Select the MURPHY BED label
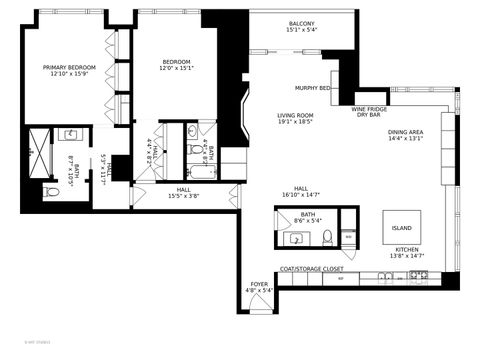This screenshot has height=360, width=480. [x=313, y=88]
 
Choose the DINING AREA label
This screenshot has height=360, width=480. [x=405, y=132]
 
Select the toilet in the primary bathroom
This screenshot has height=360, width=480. [x=51, y=191]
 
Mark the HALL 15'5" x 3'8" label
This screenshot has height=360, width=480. [x=184, y=193]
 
